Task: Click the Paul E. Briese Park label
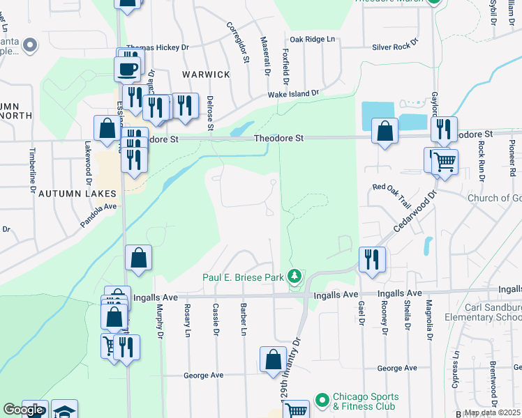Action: click(x=243, y=277)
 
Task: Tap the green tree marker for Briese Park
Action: click(x=295, y=277)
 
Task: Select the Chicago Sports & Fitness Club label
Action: click(x=364, y=402)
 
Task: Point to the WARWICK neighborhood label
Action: click(x=206, y=75)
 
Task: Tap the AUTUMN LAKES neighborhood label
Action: click(x=75, y=192)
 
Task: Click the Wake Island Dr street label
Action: click(x=293, y=93)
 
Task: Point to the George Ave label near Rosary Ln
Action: click(x=203, y=375)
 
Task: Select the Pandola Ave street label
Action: click(x=97, y=207)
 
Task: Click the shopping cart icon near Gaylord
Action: click(x=444, y=162)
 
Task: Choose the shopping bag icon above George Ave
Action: click(x=273, y=359)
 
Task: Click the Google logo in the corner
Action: click(x=23, y=410)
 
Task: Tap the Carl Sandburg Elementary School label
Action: click(x=492, y=311)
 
